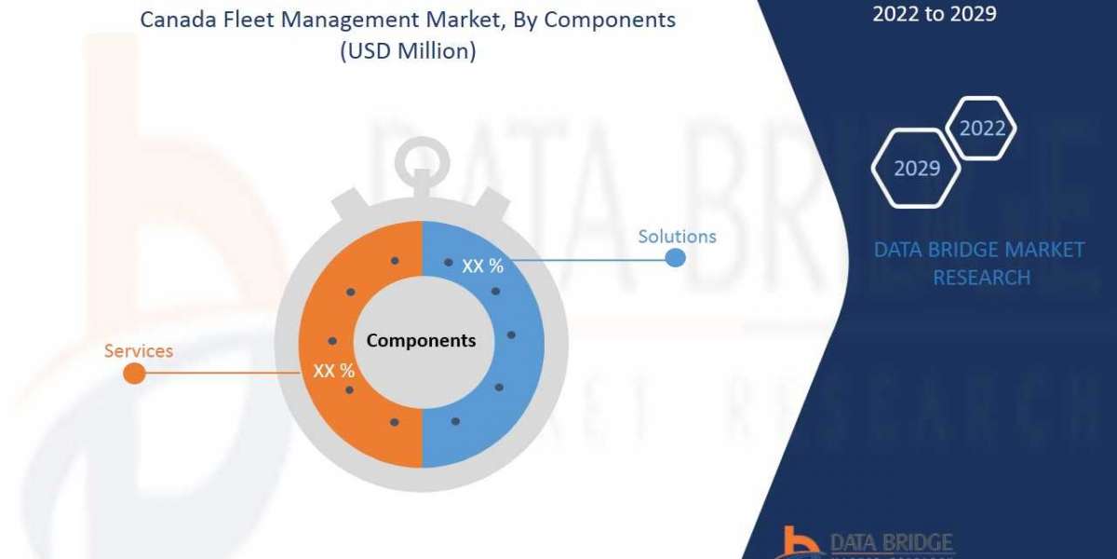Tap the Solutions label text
point(677,237)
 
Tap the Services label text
point(138,351)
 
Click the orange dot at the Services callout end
point(134,374)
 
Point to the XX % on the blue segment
point(482,266)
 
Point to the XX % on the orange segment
point(333,371)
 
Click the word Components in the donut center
point(421,341)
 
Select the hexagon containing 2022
point(981,129)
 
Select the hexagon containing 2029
point(916,169)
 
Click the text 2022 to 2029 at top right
point(934,14)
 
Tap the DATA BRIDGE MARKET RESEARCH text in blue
point(980,264)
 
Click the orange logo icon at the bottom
point(801,542)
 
